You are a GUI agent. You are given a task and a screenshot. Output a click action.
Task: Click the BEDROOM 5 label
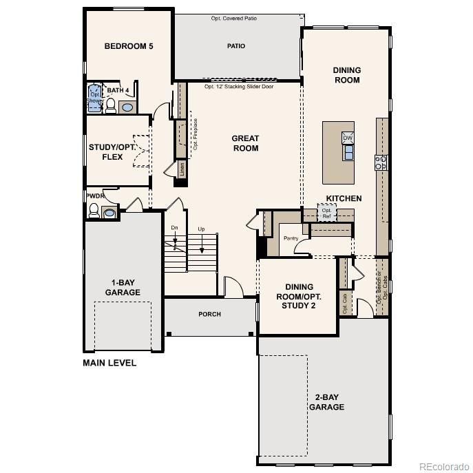[128, 47]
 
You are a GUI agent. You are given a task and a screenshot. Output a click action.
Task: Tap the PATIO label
[236, 47]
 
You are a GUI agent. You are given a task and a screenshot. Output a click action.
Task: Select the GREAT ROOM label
[245, 143]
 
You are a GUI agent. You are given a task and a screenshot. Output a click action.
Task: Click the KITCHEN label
[344, 199]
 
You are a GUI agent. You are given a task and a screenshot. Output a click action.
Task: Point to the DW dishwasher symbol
[348, 138]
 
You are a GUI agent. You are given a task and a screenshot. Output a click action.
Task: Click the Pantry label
[291, 238]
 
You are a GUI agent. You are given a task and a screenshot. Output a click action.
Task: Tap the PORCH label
[210, 315]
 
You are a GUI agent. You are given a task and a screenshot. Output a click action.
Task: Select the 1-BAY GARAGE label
[123, 287]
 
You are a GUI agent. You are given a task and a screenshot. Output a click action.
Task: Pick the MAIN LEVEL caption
[109, 363]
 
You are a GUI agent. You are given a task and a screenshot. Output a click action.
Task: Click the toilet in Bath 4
[110, 105]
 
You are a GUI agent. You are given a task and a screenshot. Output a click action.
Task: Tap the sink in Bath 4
[127, 107]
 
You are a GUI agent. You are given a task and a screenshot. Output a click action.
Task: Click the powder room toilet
[94, 211]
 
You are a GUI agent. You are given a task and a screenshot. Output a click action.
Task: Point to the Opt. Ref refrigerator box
[326, 212]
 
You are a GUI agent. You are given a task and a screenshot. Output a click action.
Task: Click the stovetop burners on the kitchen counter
[380, 162]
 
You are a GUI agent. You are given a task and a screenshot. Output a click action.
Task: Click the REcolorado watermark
[443, 465]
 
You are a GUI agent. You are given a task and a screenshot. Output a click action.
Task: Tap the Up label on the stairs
[201, 229]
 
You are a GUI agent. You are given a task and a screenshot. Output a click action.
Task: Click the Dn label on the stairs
[174, 229]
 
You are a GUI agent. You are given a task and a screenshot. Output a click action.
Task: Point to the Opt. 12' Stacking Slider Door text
[240, 87]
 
